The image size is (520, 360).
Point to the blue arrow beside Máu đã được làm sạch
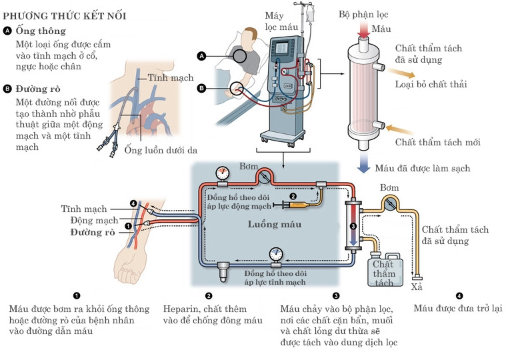[x=363, y=162]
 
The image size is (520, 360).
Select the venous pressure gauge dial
[x=276, y=254]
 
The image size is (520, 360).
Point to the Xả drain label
[x=417, y=287]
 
